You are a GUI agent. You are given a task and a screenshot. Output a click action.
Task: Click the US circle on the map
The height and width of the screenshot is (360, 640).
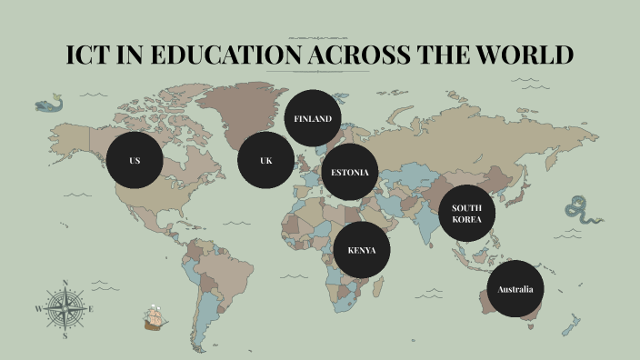point(135,161)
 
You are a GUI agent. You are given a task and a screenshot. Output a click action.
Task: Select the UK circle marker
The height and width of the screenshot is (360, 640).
point(265,161)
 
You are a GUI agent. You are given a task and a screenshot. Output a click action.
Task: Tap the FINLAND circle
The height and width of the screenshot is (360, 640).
point(312,118)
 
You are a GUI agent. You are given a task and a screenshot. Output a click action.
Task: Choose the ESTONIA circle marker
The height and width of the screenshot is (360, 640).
point(350,173)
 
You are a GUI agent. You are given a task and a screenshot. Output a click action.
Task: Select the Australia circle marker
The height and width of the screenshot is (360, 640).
point(515,290)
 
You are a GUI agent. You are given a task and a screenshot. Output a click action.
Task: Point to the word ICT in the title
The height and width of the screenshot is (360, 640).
point(89,55)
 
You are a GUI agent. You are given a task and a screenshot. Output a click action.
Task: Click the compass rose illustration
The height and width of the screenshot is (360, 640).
point(65,309)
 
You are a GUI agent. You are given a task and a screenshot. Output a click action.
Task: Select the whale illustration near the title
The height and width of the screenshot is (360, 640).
point(49,105)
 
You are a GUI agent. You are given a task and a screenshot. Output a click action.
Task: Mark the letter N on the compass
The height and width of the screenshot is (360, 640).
point(65,283)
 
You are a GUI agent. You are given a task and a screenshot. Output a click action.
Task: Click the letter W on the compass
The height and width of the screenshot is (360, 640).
point(38,309)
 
